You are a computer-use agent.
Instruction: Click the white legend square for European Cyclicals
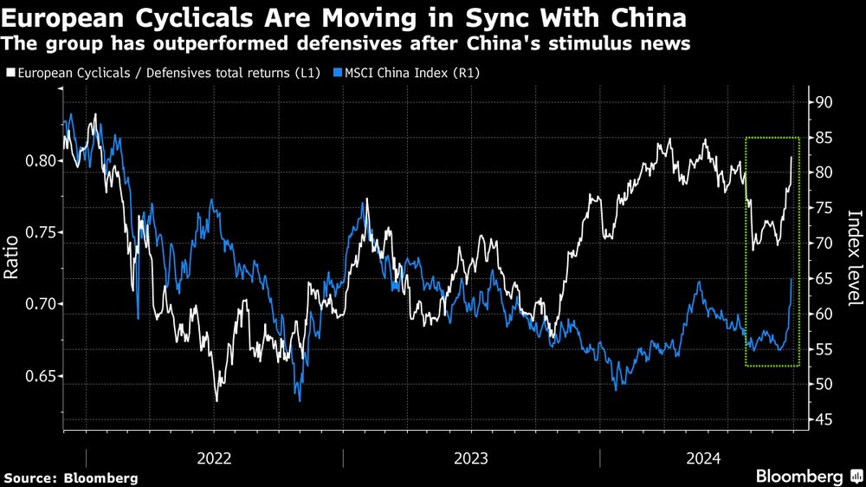coord(10,74)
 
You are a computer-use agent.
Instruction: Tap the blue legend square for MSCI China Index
coord(338,74)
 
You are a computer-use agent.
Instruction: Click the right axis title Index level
coord(854,258)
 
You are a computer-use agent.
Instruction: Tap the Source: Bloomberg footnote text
coord(70,477)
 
